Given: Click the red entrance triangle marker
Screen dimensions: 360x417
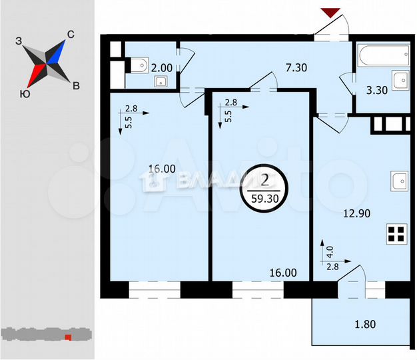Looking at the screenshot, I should point(330,12).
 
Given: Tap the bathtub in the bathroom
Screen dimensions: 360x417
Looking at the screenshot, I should point(383,55).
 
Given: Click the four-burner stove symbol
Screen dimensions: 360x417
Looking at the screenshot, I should point(396,235).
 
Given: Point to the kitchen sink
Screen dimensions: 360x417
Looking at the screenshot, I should point(399,181).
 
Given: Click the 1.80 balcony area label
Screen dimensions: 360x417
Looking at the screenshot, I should point(364,326).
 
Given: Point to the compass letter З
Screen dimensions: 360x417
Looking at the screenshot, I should point(19,41).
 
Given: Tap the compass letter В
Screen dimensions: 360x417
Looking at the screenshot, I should point(77,85).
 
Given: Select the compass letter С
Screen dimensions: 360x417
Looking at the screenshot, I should point(70,35).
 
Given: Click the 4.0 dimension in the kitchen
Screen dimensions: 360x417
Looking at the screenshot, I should point(327,254).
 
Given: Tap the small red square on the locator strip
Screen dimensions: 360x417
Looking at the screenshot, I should point(67,337).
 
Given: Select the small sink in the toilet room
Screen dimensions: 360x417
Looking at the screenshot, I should point(161,82).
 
